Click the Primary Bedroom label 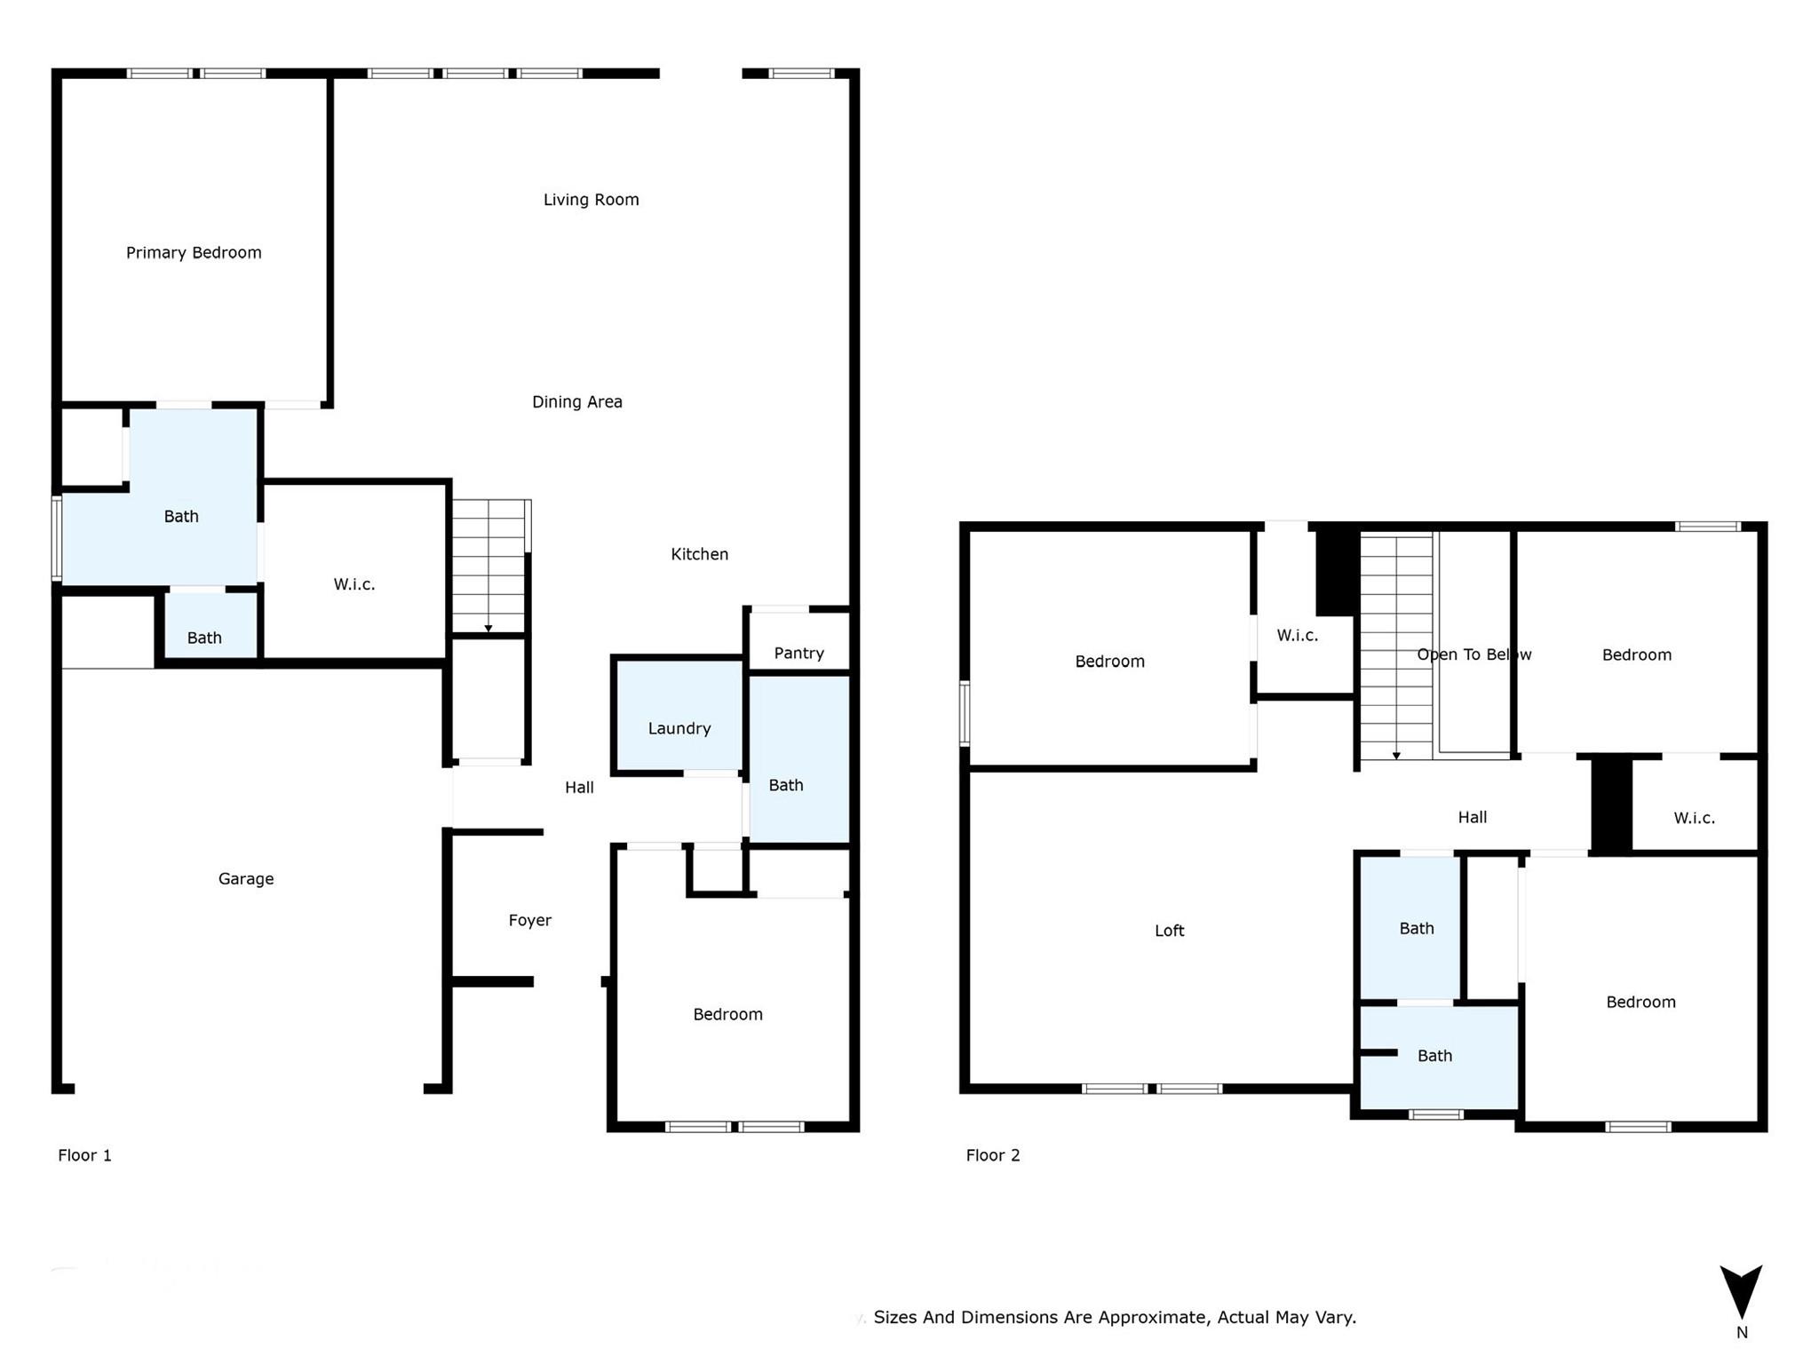[x=194, y=253]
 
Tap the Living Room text [x=591, y=200]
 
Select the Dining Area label [x=576, y=402]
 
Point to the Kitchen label [x=699, y=554]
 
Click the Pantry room [x=798, y=653]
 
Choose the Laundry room [x=679, y=728]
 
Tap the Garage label [x=246, y=879]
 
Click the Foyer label [x=529, y=921]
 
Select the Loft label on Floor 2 [x=1169, y=931]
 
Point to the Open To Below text [x=1473, y=654]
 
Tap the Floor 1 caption [x=84, y=1155]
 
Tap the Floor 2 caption [x=993, y=1155]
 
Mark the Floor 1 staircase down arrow [x=489, y=629]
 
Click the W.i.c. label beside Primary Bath [x=354, y=584]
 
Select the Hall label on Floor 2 [x=1472, y=818]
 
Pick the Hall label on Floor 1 [x=579, y=788]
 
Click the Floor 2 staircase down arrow [x=1396, y=756]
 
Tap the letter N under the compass [x=1742, y=1332]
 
